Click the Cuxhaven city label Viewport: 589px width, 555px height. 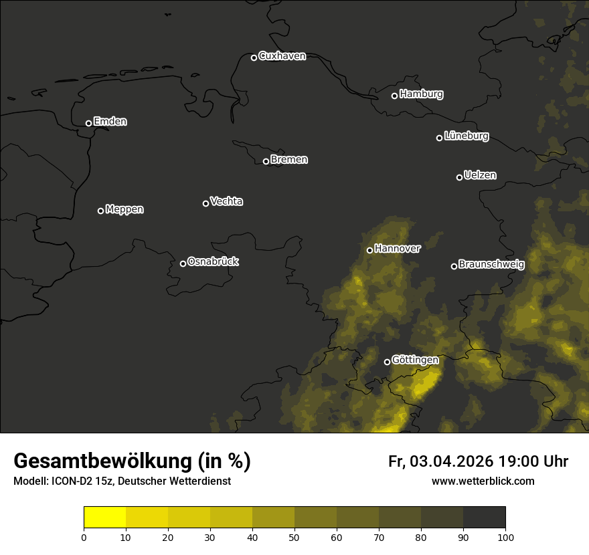point(282,56)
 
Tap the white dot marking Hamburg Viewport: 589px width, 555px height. point(394,96)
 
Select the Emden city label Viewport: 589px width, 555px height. point(110,122)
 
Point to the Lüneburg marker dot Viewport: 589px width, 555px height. point(439,138)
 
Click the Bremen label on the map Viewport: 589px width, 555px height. point(289,160)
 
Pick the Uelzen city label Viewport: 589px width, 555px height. point(480,175)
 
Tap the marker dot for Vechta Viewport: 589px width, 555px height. point(205,203)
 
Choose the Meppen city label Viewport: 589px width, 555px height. point(124,209)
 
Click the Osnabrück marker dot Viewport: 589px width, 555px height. point(183,263)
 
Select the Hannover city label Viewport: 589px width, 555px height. point(398,249)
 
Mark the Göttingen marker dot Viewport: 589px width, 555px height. point(387,362)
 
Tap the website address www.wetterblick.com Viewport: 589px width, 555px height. point(483,481)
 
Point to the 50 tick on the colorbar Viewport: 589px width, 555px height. point(294,537)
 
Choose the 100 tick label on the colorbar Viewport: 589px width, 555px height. point(505,537)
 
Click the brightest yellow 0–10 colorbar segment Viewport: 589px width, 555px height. point(105,518)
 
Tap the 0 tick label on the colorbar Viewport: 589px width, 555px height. point(84,537)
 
